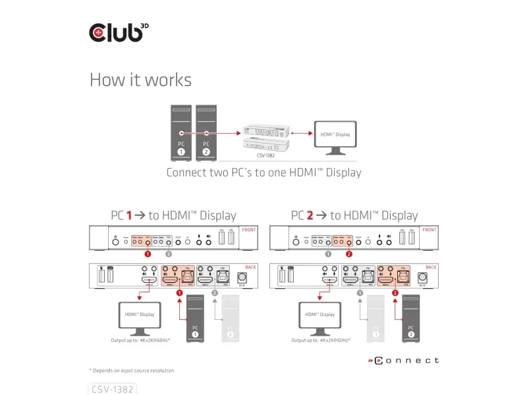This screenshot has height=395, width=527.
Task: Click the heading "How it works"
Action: (x=140, y=80)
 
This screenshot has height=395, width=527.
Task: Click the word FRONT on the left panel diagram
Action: (x=249, y=230)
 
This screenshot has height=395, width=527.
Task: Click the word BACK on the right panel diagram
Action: (x=431, y=267)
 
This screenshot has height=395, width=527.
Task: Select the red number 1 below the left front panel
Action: (x=148, y=253)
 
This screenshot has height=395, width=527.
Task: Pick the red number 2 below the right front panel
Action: (x=349, y=253)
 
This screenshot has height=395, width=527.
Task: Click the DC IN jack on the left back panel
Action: (x=241, y=277)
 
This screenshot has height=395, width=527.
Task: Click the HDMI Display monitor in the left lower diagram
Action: (x=138, y=316)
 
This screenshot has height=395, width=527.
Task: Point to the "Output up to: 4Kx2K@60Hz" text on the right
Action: (x=321, y=340)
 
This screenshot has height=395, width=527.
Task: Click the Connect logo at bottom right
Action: (x=402, y=361)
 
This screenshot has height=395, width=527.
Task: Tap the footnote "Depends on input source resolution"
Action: (x=133, y=371)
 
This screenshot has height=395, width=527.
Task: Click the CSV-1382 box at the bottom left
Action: (x=113, y=389)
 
